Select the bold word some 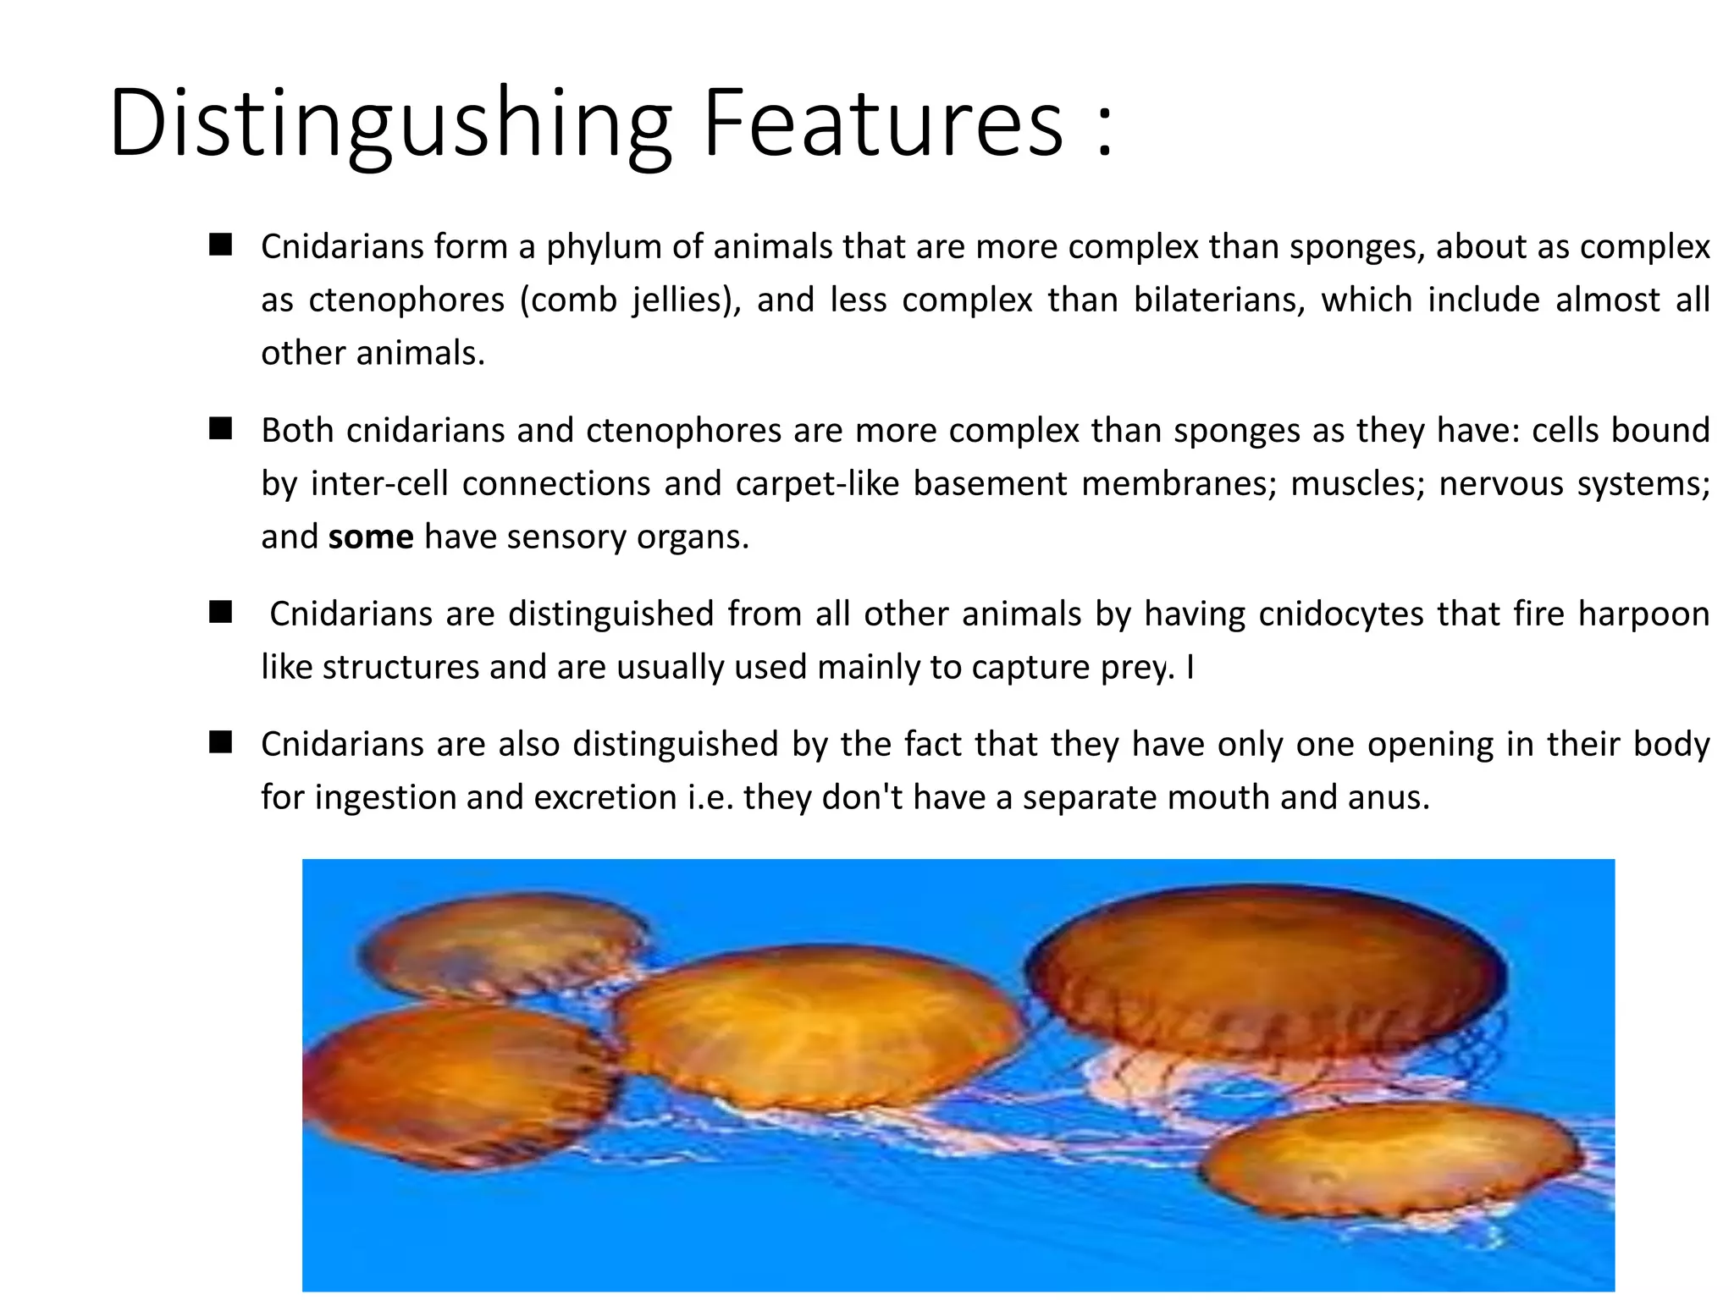(371, 537)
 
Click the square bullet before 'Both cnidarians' (221, 429)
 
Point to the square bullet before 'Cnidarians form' (221, 245)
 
